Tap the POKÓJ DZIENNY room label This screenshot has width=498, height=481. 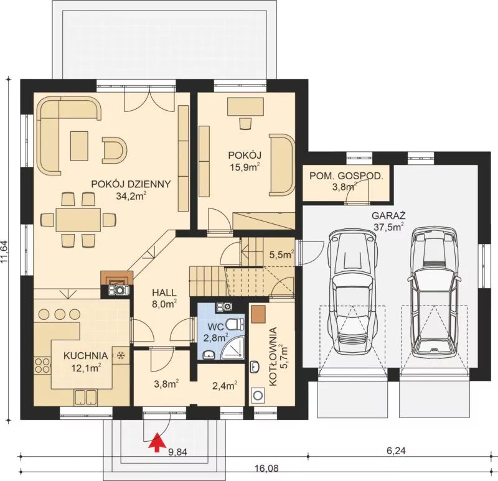tap(131, 184)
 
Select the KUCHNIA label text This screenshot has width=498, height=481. tap(86, 356)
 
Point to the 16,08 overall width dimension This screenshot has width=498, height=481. tap(267, 469)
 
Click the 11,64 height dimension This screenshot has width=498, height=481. tap(4, 251)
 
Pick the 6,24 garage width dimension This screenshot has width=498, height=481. tap(396, 451)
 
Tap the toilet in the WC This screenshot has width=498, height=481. tap(235, 324)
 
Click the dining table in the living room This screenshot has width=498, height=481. tap(78, 220)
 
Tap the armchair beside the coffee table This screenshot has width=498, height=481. tap(114, 149)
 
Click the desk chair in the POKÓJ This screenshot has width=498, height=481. tap(245, 123)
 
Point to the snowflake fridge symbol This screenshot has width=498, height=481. tap(121, 356)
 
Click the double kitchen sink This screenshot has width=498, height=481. tap(85, 397)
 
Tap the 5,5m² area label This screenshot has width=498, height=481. tap(281, 255)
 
